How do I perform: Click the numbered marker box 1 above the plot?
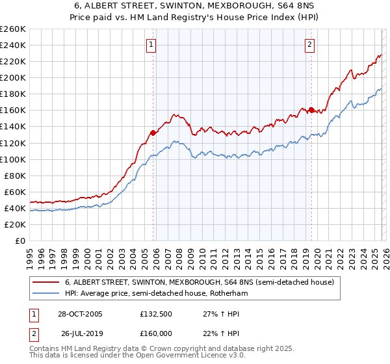coord(151,45)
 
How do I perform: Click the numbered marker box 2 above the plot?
coord(309,45)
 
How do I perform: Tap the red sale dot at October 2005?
coord(153,133)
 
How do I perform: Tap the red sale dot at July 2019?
coord(311,110)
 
